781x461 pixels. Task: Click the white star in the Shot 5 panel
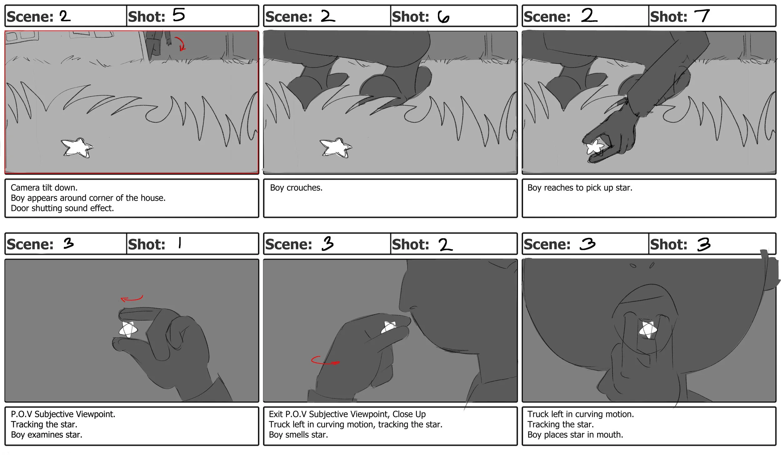77,147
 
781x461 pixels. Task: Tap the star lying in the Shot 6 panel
336,147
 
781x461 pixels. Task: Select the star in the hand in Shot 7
595,147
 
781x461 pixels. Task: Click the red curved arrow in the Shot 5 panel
180,43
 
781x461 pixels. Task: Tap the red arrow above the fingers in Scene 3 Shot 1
132,299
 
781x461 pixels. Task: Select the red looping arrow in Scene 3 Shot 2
325,360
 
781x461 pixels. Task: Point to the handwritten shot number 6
443,17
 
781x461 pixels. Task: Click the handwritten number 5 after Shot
179,15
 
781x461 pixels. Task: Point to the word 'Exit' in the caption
276,414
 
